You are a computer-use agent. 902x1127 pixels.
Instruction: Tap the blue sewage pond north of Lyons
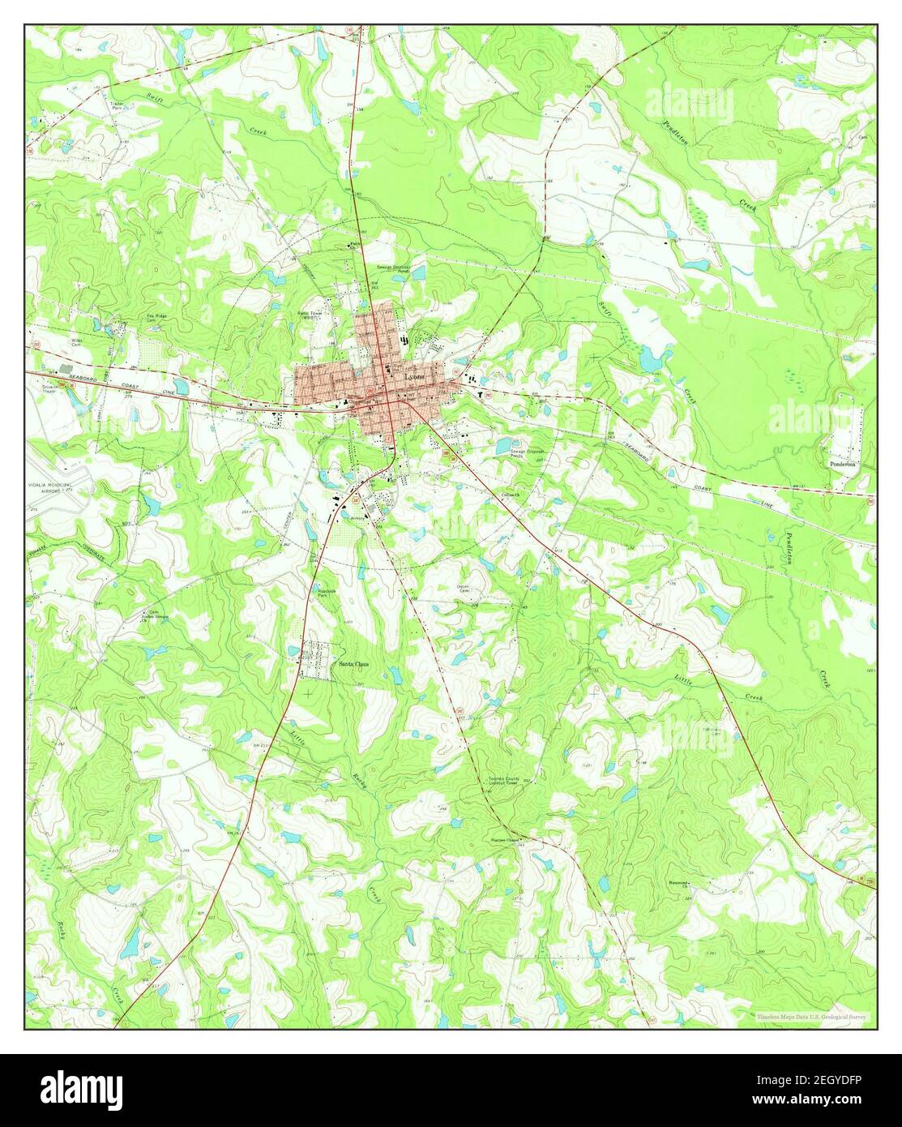point(419,274)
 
